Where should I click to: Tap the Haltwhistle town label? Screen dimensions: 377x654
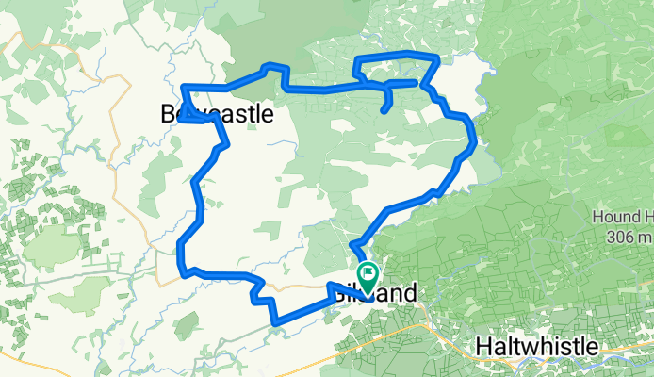point(536,346)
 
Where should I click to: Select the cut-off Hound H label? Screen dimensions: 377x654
point(623,217)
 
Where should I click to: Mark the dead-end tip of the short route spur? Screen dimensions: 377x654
point(383,111)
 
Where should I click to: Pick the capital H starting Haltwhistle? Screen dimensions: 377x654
point(484,346)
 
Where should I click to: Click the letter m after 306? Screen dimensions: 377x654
point(645,236)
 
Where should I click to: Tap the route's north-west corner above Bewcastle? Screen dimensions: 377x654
point(183,88)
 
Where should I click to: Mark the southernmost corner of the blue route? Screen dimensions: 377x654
point(274,322)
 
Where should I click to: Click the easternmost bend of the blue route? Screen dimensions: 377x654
point(473,143)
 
